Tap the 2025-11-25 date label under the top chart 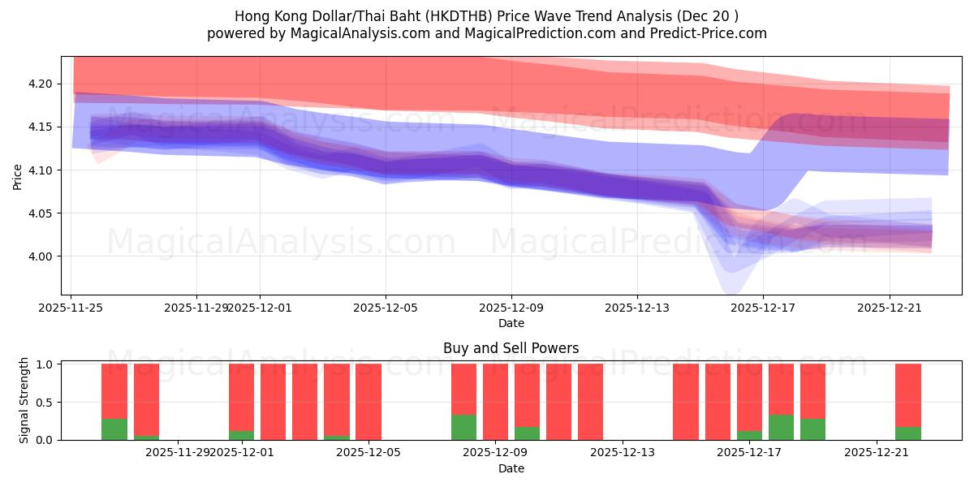pyautogui.click(x=71, y=308)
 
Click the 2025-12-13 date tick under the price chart pyautogui.click(x=636, y=308)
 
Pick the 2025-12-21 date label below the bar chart pyautogui.click(x=877, y=452)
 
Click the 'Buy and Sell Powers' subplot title pyautogui.click(x=511, y=348)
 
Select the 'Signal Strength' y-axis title pyautogui.click(x=24, y=400)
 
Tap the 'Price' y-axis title pyautogui.click(x=18, y=175)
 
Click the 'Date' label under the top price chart pyautogui.click(x=511, y=323)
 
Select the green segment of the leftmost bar pyautogui.click(x=114, y=429)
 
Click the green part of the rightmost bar pyautogui.click(x=908, y=433)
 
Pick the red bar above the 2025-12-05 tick pyautogui.click(x=368, y=402)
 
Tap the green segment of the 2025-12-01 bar pyautogui.click(x=241, y=435)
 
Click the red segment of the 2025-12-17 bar pyautogui.click(x=781, y=389)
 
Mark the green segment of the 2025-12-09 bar pyautogui.click(x=527, y=433)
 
